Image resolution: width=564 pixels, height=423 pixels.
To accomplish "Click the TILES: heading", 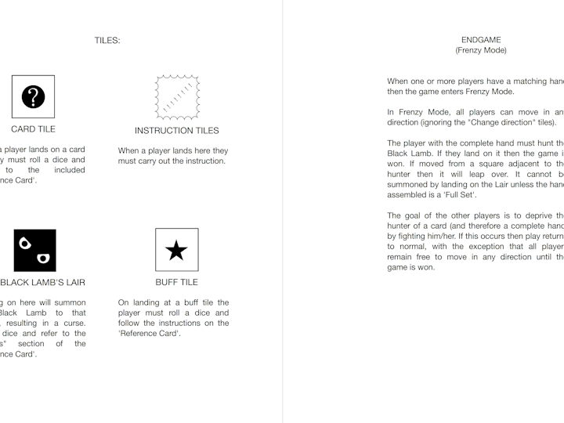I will [107, 40].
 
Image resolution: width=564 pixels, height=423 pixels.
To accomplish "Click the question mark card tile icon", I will [33, 96].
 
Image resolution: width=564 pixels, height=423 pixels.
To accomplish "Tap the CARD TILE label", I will [33, 129].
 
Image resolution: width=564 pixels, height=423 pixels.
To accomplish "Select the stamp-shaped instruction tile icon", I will [176, 96].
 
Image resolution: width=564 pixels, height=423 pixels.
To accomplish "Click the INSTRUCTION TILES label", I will [176, 130].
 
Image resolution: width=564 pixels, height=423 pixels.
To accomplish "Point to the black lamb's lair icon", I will [35, 250].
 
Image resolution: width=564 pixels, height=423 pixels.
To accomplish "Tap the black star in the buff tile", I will [176, 250].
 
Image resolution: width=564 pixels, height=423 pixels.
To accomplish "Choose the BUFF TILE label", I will [176, 282].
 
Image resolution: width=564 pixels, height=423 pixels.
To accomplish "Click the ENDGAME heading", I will [481, 40].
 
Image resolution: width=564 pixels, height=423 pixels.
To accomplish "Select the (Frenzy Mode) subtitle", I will [481, 50].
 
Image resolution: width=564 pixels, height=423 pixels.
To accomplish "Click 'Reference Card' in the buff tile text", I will [150, 333].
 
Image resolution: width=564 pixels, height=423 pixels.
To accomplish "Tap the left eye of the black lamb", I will [25, 242].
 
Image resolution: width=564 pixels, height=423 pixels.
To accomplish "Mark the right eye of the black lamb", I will [43, 257].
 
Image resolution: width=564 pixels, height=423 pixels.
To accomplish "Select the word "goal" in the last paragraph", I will [414, 215].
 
